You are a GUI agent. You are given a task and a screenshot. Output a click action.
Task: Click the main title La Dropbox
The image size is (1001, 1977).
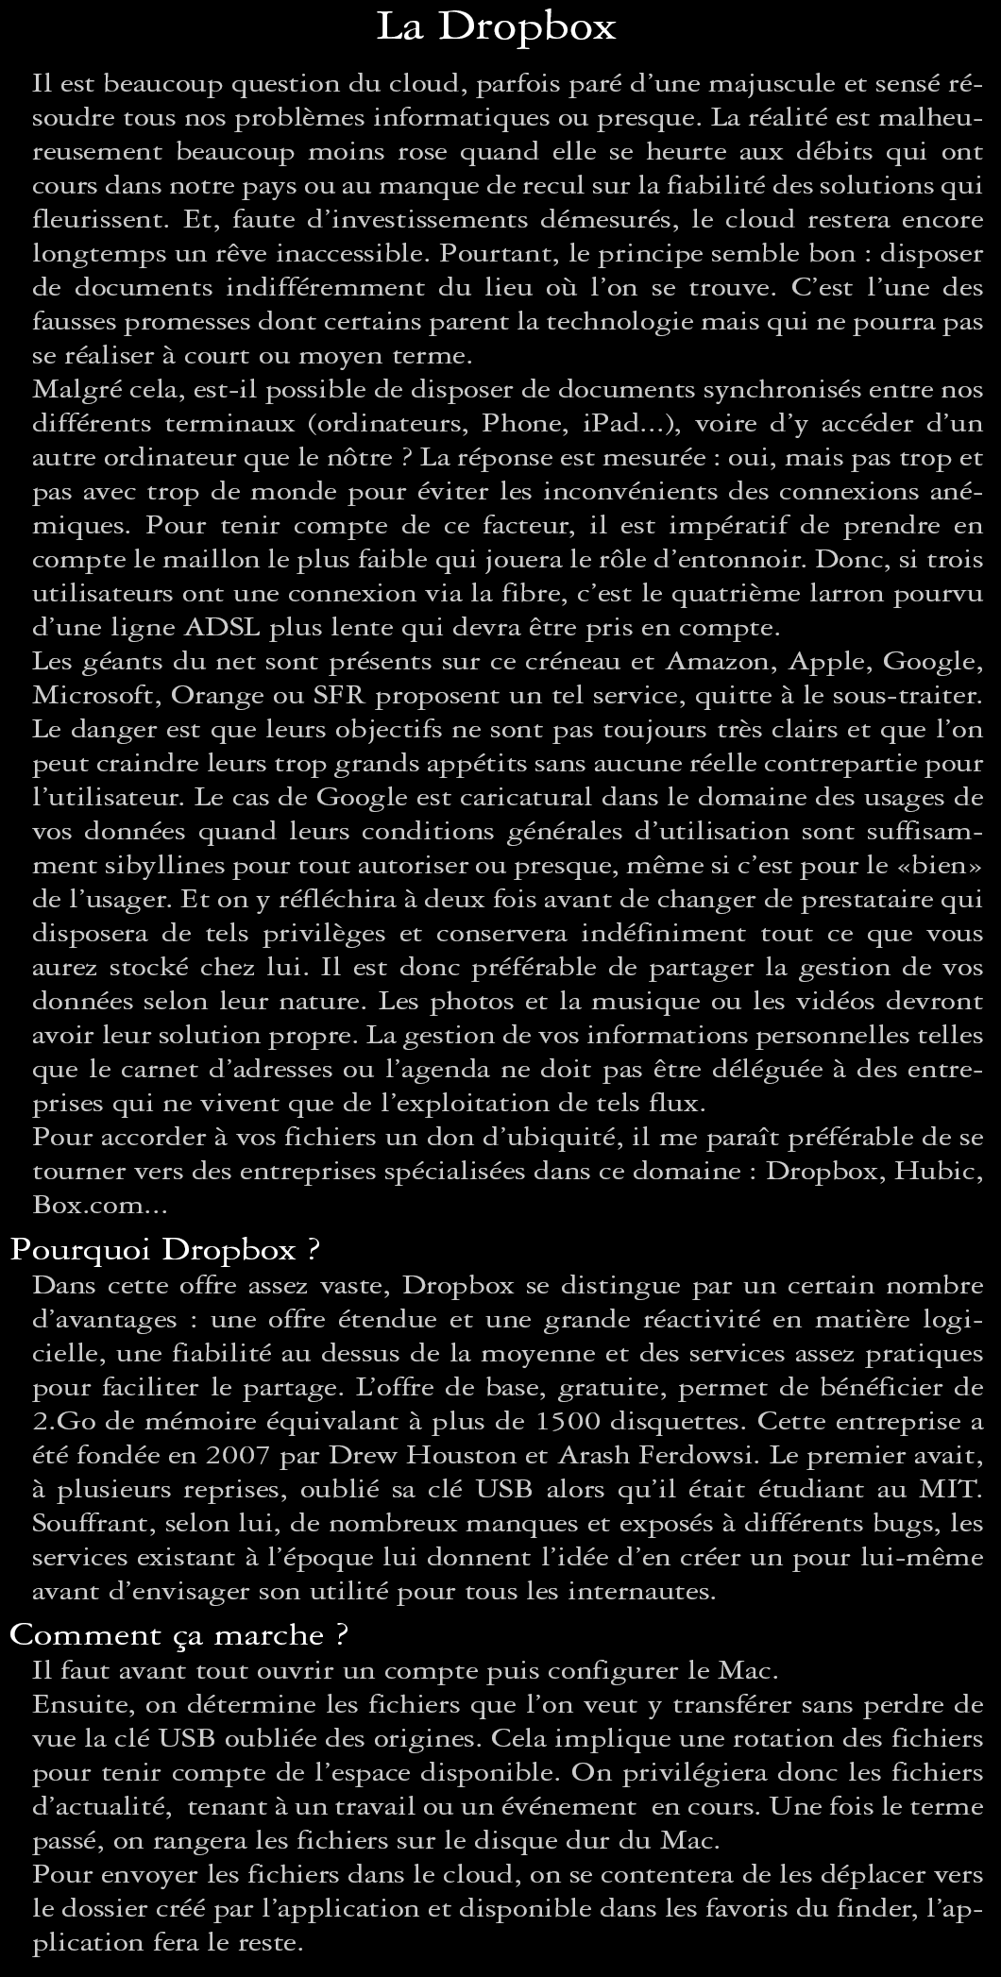(497, 27)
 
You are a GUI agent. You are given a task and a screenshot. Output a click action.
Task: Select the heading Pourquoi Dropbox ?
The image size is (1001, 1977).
(165, 1250)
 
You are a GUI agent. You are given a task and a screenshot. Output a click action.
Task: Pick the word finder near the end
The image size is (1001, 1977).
(872, 1910)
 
